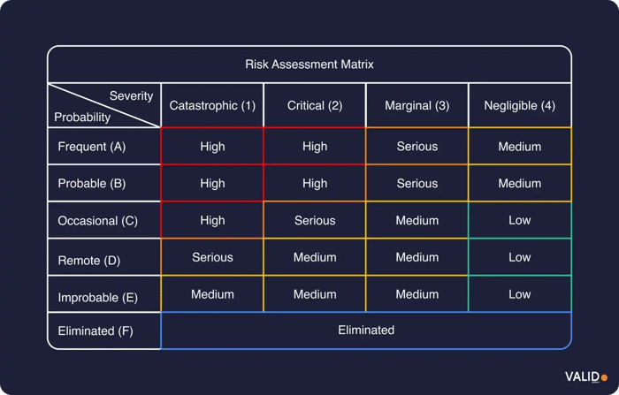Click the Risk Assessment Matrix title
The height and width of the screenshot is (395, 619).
pos(309,65)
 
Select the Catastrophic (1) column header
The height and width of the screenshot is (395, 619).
pos(212,106)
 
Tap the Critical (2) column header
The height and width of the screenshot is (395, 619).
pos(315,106)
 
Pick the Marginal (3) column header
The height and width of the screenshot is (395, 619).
pos(417,106)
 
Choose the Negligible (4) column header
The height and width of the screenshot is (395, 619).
pos(520,106)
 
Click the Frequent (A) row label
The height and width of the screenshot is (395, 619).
pos(93,147)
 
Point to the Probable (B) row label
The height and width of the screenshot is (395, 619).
pos(93,184)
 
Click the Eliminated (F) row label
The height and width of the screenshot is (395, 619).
pos(96,331)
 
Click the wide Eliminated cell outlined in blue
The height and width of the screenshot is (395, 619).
pos(366,330)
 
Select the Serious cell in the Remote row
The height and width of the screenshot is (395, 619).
pos(212,257)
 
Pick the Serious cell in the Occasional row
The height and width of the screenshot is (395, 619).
pos(315,220)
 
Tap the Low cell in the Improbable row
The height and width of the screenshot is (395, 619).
pos(520,294)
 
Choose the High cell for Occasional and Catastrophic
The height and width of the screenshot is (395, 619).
pos(212,220)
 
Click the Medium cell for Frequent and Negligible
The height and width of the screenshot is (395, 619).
pos(520,147)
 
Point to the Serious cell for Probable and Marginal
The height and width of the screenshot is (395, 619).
pos(417,184)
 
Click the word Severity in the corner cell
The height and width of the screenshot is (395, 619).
pos(131,95)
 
